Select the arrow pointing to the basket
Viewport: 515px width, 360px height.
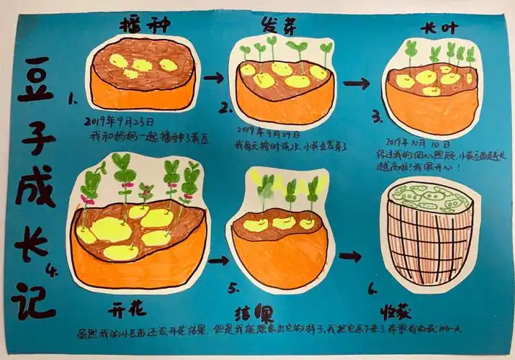click(351, 256)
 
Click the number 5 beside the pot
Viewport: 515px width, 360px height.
click(233, 288)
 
